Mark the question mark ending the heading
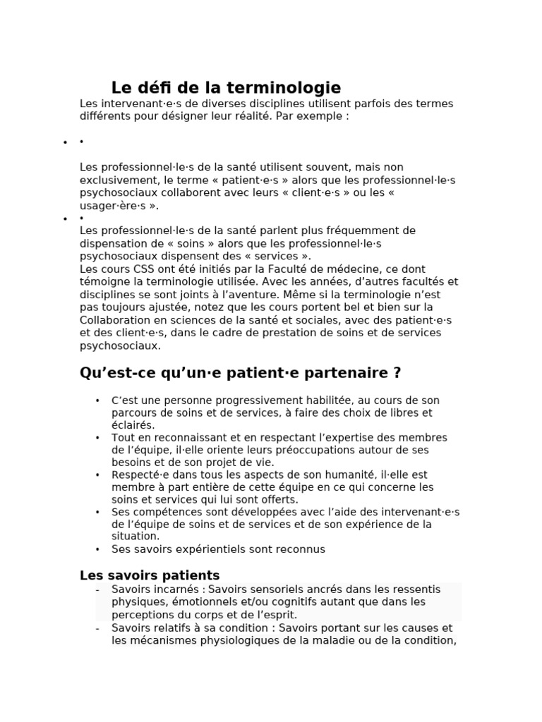point(397,372)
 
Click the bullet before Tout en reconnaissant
point(97,438)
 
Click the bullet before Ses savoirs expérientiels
point(97,549)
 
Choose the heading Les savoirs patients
point(150,575)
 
